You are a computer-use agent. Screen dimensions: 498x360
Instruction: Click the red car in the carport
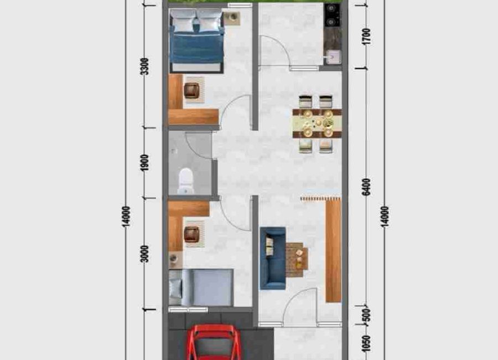coord(214,343)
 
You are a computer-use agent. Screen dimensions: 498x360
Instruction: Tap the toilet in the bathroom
coord(186,181)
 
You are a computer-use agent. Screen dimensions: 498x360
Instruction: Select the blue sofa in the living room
coord(272,258)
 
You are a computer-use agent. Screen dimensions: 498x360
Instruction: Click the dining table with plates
coord(317,124)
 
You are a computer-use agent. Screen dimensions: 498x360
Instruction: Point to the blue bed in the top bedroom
coord(197,40)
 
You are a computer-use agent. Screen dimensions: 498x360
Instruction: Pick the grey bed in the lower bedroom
coord(201,287)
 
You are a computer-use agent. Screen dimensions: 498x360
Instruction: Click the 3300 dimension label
coord(144,66)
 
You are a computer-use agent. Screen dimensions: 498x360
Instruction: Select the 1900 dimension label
coord(144,162)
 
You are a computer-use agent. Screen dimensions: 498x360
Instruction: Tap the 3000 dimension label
coord(144,254)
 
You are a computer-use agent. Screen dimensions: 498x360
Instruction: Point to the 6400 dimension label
coord(366,187)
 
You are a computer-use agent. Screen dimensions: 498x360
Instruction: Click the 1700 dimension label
coord(366,37)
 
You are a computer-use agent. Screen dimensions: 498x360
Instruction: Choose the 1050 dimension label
coord(366,344)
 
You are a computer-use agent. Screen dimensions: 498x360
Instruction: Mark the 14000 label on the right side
coord(385,217)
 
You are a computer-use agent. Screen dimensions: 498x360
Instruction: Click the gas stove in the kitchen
coord(333,16)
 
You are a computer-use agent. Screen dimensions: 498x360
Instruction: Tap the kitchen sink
coord(334,57)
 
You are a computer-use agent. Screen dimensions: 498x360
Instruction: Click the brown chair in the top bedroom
coord(191,90)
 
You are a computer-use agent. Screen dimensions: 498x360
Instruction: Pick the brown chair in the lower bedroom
coord(191,234)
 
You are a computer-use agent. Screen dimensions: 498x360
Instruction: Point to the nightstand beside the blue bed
coord(231,18)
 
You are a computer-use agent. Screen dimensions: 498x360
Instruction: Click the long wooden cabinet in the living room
coord(333,250)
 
